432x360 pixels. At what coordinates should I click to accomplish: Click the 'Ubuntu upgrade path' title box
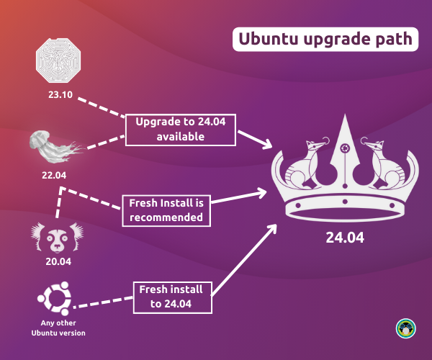point(324,38)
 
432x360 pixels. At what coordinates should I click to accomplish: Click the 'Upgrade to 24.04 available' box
point(181,128)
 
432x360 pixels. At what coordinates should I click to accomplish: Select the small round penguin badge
point(405,328)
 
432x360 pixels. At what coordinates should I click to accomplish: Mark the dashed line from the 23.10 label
point(101,107)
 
